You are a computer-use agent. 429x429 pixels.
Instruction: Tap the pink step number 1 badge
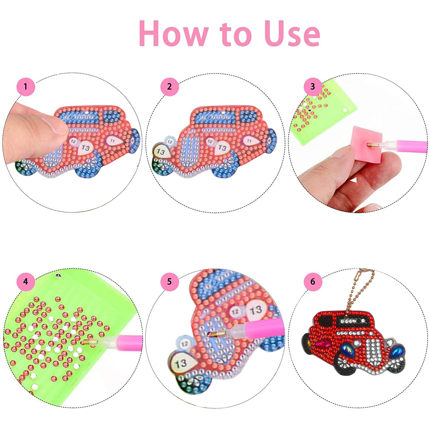pos(26,87)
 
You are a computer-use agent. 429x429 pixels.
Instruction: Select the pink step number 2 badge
pos(169,87)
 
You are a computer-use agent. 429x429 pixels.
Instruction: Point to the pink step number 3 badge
pos(313,86)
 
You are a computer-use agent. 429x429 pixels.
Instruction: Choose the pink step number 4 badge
pos(26,282)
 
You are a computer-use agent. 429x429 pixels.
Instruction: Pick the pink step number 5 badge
pos(169,282)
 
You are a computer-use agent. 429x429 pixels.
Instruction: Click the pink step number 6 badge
pos(313,282)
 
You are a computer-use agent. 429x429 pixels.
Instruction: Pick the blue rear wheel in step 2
pos(271,139)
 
